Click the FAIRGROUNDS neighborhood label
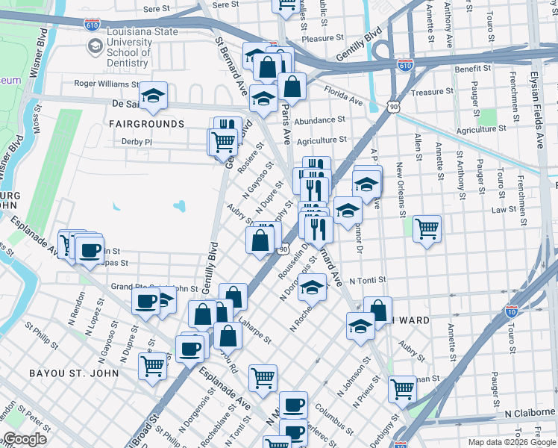click(146, 123)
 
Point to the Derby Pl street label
click(137, 141)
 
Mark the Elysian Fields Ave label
click(539, 90)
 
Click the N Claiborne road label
click(530, 413)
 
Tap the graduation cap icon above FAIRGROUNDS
click(153, 95)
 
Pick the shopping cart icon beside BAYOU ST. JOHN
click(152, 366)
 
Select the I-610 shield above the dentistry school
click(93, 24)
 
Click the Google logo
click(25, 439)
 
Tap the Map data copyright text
click(511, 442)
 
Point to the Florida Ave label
click(343, 95)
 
